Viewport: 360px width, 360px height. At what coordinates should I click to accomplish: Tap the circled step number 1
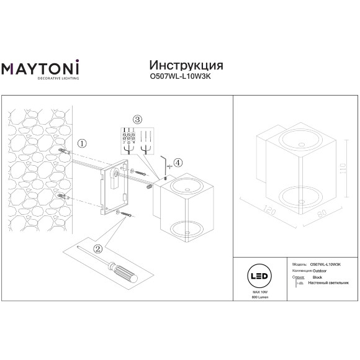82,143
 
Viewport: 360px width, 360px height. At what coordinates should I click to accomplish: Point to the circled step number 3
138,119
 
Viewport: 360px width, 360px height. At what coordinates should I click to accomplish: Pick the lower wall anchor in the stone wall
63,197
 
